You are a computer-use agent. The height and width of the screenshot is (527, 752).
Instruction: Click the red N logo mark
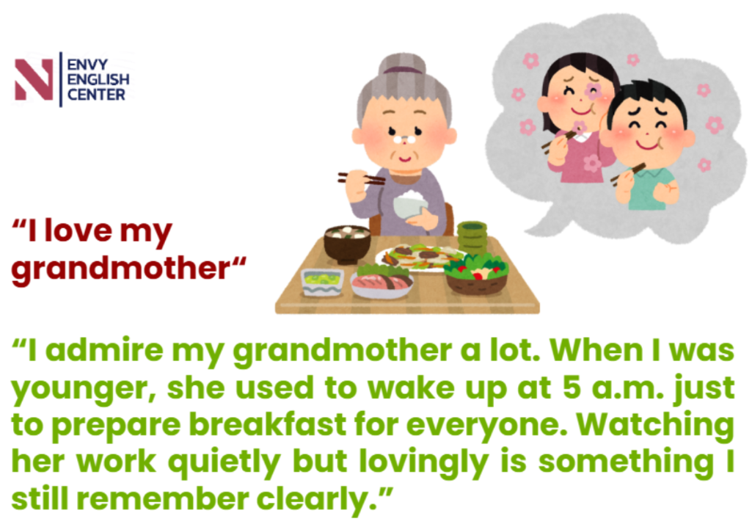point(34,80)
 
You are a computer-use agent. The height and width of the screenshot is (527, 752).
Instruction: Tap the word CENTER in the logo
point(96,95)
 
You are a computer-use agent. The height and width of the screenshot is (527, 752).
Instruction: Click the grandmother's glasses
point(405,140)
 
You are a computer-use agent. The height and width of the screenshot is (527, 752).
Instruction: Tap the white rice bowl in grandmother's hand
point(410,203)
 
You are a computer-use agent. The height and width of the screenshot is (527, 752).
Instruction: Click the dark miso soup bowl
point(347,244)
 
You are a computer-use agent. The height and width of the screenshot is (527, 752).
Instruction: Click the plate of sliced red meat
point(382,283)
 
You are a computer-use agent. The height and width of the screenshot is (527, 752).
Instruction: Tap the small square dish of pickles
point(322,282)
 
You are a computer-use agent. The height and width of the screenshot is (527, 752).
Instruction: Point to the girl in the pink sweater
point(578,117)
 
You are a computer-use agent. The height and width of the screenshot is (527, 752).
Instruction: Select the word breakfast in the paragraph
point(268,424)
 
